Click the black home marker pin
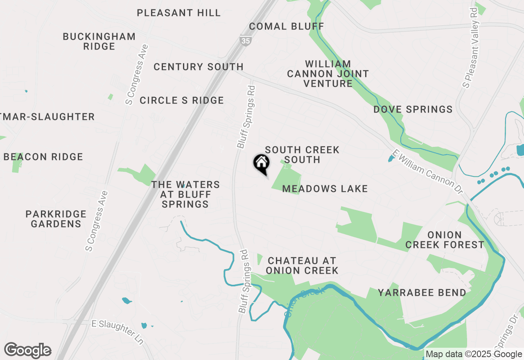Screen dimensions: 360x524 click(262, 163)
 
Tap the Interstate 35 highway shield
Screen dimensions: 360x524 click(244, 40)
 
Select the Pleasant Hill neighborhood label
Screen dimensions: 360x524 click(179, 13)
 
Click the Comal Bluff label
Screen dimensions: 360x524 click(287, 27)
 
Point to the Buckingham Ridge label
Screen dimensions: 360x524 click(99, 41)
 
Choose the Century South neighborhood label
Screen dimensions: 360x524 click(199, 67)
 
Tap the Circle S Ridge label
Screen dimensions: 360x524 click(182, 100)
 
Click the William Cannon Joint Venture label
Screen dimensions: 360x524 click(328, 74)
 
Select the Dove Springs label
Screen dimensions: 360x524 click(413, 110)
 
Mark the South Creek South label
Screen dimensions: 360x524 click(302, 155)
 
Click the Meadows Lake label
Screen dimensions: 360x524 click(325, 189)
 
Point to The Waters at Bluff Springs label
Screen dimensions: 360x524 click(185, 194)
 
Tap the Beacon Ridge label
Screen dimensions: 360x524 click(43, 157)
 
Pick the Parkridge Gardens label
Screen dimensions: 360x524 click(56, 219)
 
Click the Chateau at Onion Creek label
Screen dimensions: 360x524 click(302, 265)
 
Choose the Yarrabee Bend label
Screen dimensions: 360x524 click(422, 293)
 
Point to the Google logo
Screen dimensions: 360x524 click(28, 351)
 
